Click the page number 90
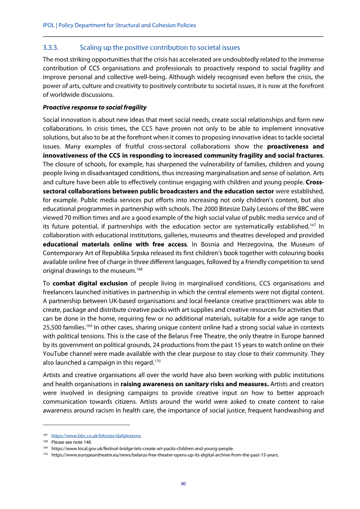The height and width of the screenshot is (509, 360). [183, 484]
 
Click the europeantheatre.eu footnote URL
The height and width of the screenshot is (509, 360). [165, 455]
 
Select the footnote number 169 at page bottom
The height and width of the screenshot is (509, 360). [45, 448]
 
